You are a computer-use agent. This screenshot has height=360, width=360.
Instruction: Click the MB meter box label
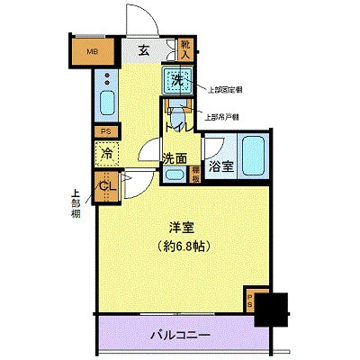(92, 51)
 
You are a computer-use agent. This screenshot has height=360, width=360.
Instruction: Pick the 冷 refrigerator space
(106, 155)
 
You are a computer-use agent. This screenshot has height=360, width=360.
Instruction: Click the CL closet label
(106, 186)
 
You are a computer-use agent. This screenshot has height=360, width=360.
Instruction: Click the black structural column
(271, 311)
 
